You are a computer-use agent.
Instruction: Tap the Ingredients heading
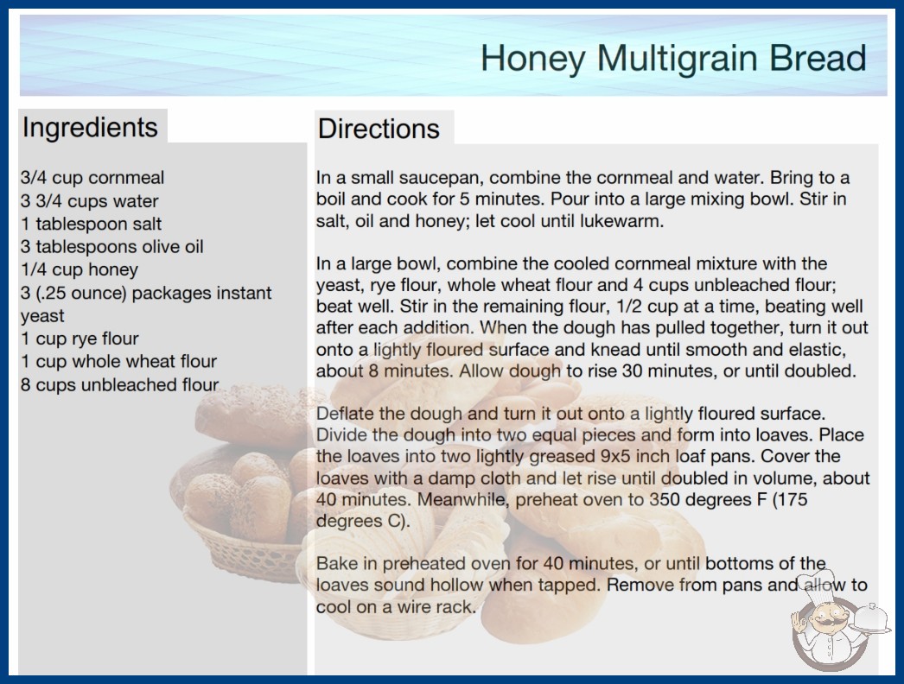(x=90, y=127)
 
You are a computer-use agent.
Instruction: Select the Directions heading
(x=379, y=129)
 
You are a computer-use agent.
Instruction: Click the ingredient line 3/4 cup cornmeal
(x=92, y=178)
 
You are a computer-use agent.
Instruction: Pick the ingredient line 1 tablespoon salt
(x=91, y=224)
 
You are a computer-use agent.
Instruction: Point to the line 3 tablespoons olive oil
(x=111, y=247)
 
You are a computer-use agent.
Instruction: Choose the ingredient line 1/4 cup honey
(x=80, y=269)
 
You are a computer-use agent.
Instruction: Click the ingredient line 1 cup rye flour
(x=80, y=339)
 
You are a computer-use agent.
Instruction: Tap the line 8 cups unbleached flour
(x=120, y=384)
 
